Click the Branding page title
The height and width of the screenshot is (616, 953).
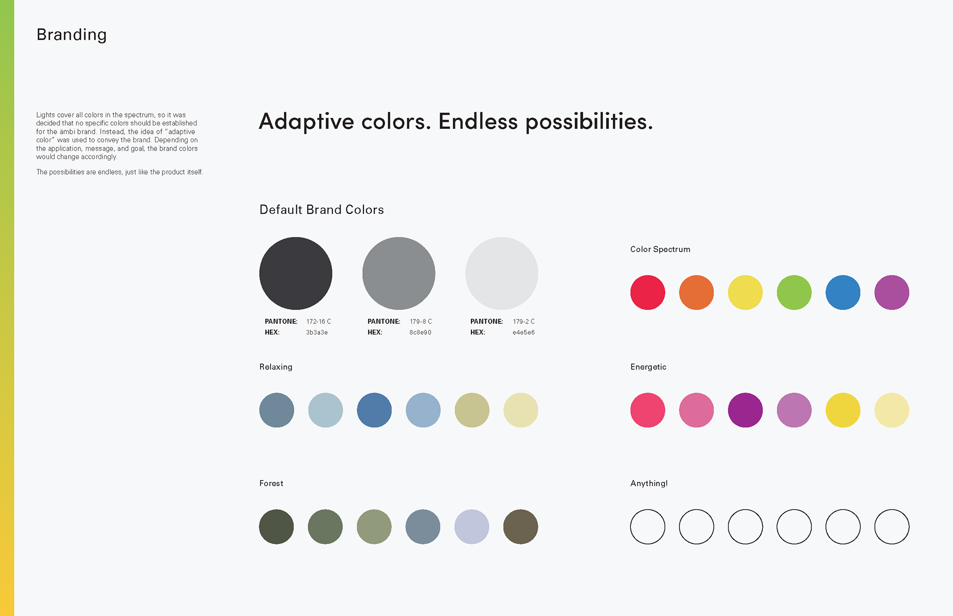click(71, 35)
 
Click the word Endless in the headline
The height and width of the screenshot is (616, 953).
click(478, 122)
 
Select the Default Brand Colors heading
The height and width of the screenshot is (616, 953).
click(322, 210)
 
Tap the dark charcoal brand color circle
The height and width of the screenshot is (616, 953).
click(296, 273)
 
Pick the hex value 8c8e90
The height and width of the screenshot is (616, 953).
click(420, 333)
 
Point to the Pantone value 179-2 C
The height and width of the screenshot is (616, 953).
click(524, 321)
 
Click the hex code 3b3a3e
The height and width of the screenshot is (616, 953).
click(317, 333)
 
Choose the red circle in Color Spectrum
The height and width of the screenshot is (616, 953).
click(648, 293)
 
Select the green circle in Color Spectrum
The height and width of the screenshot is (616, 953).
click(794, 293)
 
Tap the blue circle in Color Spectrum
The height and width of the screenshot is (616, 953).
click(843, 293)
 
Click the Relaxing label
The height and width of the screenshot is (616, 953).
click(276, 367)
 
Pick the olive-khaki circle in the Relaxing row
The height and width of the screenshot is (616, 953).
click(472, 410)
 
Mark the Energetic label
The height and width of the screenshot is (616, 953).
click(648, 367)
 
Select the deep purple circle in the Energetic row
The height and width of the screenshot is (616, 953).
click(746, 410)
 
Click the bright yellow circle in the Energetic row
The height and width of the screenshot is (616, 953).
click(843, 410)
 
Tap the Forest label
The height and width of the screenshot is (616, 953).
click(272, 484)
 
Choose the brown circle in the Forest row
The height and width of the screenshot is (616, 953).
click(521, 527)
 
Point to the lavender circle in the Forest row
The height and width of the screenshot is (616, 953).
click(472, 527)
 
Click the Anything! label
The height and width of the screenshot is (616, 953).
click(649, 484)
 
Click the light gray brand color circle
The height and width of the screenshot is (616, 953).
click(502, 273)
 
